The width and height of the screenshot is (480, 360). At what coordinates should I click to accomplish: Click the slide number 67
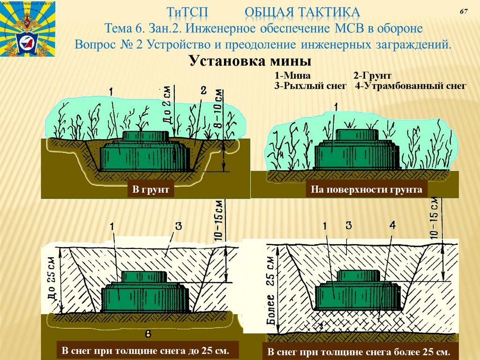[x=464, y=11]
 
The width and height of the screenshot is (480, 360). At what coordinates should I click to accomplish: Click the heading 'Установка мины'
[x=250, y=61]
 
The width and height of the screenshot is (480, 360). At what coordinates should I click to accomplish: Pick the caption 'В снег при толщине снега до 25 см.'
[x=147, y=351]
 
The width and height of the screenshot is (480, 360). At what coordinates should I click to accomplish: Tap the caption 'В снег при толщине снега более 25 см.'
[x=359, y=352]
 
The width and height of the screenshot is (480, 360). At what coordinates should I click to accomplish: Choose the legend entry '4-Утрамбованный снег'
[x=411, y=86]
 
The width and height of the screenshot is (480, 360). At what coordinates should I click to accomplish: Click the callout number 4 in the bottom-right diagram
[x=392, y=225]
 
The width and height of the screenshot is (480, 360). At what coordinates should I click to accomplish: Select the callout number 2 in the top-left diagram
[x=203, y=90]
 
